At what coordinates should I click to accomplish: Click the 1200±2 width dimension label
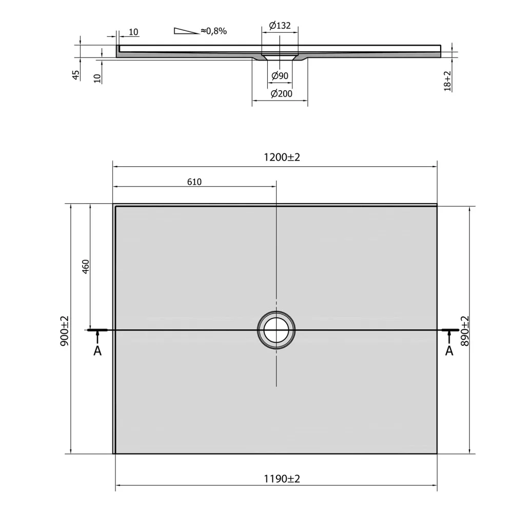282,157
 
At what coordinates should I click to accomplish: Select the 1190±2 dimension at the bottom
282,479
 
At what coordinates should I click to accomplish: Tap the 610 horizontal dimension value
194,182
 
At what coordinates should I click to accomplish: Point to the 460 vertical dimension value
85,267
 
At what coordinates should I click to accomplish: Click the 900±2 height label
65,331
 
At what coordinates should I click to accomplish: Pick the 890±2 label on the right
465,331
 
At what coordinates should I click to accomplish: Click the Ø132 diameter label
280,25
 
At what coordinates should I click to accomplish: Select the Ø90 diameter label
280,75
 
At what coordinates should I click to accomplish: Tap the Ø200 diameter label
281,93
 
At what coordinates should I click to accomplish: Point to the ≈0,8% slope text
213,31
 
